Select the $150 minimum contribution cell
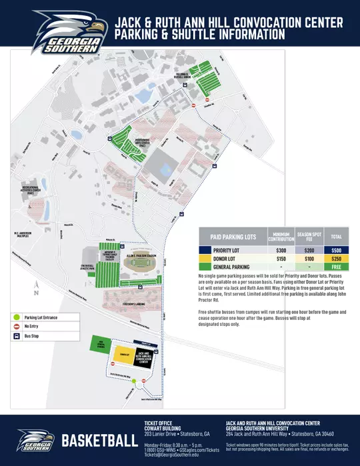(281, 258)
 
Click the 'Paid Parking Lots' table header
(233, 237)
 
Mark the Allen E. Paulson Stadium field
(137, 263)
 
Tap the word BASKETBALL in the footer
(100, 441)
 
